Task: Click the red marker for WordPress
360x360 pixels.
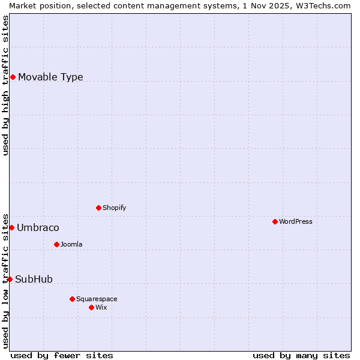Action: (x=275, y=221)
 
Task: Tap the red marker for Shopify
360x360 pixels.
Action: (x=98, y=208)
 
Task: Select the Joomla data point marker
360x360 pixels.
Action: (x=56, y=244)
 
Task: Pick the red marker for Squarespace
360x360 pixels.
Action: (x=72, y=299)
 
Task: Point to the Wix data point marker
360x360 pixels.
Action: (x=91, y=307)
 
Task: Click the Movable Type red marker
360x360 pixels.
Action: (x=13, y=77)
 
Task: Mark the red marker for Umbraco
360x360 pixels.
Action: (x=11, y=227)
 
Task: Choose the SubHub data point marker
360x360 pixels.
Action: (x=10, y=279)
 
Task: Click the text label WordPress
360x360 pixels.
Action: (x=296, y=221)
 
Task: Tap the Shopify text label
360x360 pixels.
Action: (x=115, y=208)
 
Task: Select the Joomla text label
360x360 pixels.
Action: (x=71, y=244)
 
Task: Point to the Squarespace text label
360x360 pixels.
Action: (x=97, y=299)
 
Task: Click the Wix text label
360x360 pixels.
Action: (x=101, y=307)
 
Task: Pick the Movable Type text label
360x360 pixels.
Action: (x=50, y=77)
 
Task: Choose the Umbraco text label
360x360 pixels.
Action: (x=38, y=227)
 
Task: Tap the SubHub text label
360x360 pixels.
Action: (x=34, y=279)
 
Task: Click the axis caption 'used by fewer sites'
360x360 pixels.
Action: (x=62, y=355)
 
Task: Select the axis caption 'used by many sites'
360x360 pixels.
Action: (x=301, y=355)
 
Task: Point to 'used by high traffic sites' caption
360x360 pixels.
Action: (x=5, y=85)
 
